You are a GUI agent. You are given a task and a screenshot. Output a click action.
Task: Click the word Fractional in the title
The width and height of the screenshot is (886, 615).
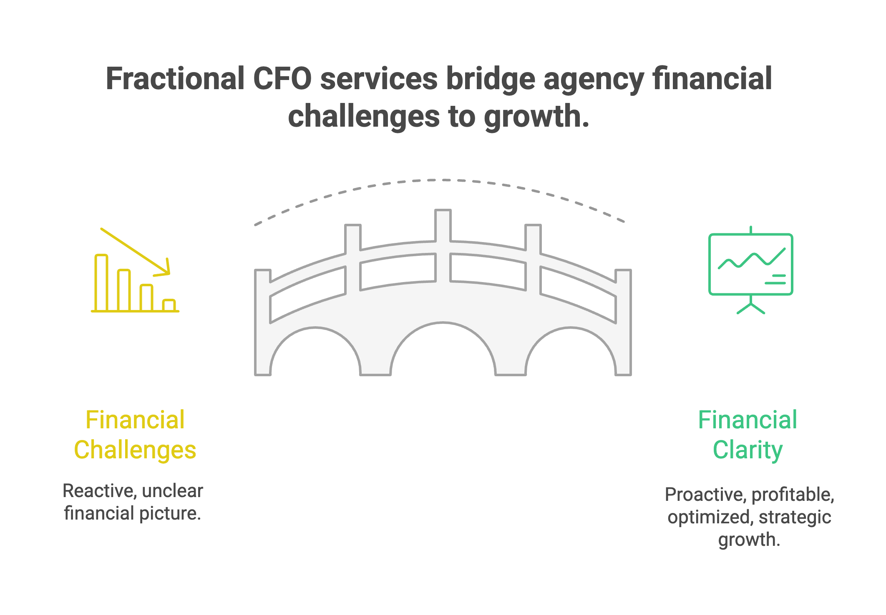175,79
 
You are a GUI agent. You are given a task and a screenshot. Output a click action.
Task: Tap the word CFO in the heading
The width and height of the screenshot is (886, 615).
282,79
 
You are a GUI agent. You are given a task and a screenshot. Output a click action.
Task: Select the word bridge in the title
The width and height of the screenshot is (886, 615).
491,79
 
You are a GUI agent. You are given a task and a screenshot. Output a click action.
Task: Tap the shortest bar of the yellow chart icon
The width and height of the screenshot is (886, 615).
169,305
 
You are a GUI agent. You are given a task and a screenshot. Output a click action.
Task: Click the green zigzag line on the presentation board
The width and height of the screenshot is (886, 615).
751,260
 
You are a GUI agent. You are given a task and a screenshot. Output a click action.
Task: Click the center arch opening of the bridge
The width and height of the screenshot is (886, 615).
443,354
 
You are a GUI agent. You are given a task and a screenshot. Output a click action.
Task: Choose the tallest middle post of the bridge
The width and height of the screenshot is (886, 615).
443,225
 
